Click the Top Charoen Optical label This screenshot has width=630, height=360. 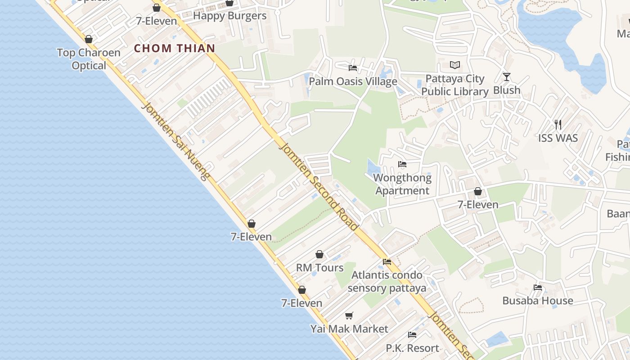click(89, 59)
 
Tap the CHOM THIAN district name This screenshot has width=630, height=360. click(175, 48)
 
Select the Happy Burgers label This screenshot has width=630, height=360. click(229, 16)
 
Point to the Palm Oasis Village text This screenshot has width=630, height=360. click(353, 81)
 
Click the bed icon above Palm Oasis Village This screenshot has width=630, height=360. click(353, 68)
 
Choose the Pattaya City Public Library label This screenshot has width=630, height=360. click(455, 85)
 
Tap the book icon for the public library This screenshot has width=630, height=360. click(455, 65)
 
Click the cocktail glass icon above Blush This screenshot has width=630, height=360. click(507, 77)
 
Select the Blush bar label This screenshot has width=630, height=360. click(507, 90)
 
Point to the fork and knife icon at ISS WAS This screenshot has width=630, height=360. click(558, 124)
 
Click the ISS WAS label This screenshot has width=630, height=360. click(558, 138)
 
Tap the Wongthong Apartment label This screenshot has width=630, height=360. click(402, 184)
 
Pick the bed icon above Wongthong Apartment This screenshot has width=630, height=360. click(402, 164)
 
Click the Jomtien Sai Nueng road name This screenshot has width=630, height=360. click(176, 141)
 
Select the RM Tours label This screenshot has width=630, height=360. click(319, 268)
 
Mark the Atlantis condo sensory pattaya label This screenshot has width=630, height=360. click(387, 281)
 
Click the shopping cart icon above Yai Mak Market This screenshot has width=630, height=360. click(349, 315)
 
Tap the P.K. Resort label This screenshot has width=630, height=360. click(412, 348)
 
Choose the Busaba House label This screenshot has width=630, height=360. click(538, 301)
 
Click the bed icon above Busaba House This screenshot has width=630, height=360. click(538, 287)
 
